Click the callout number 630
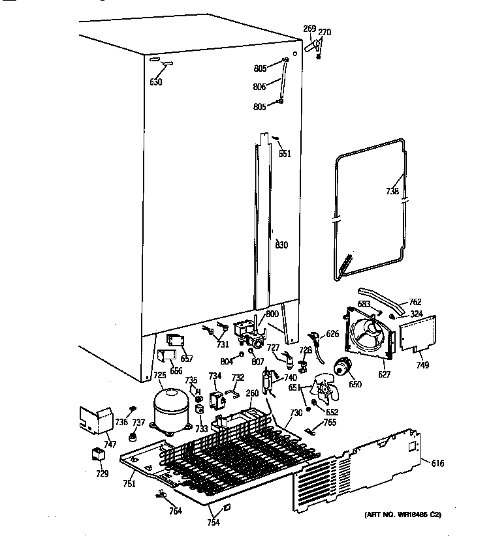[x=155, y=82]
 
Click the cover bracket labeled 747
[x=95, y=421]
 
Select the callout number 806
[x=260, y=86]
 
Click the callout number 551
[x=284, y=154]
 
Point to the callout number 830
[x=281, y=245]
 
